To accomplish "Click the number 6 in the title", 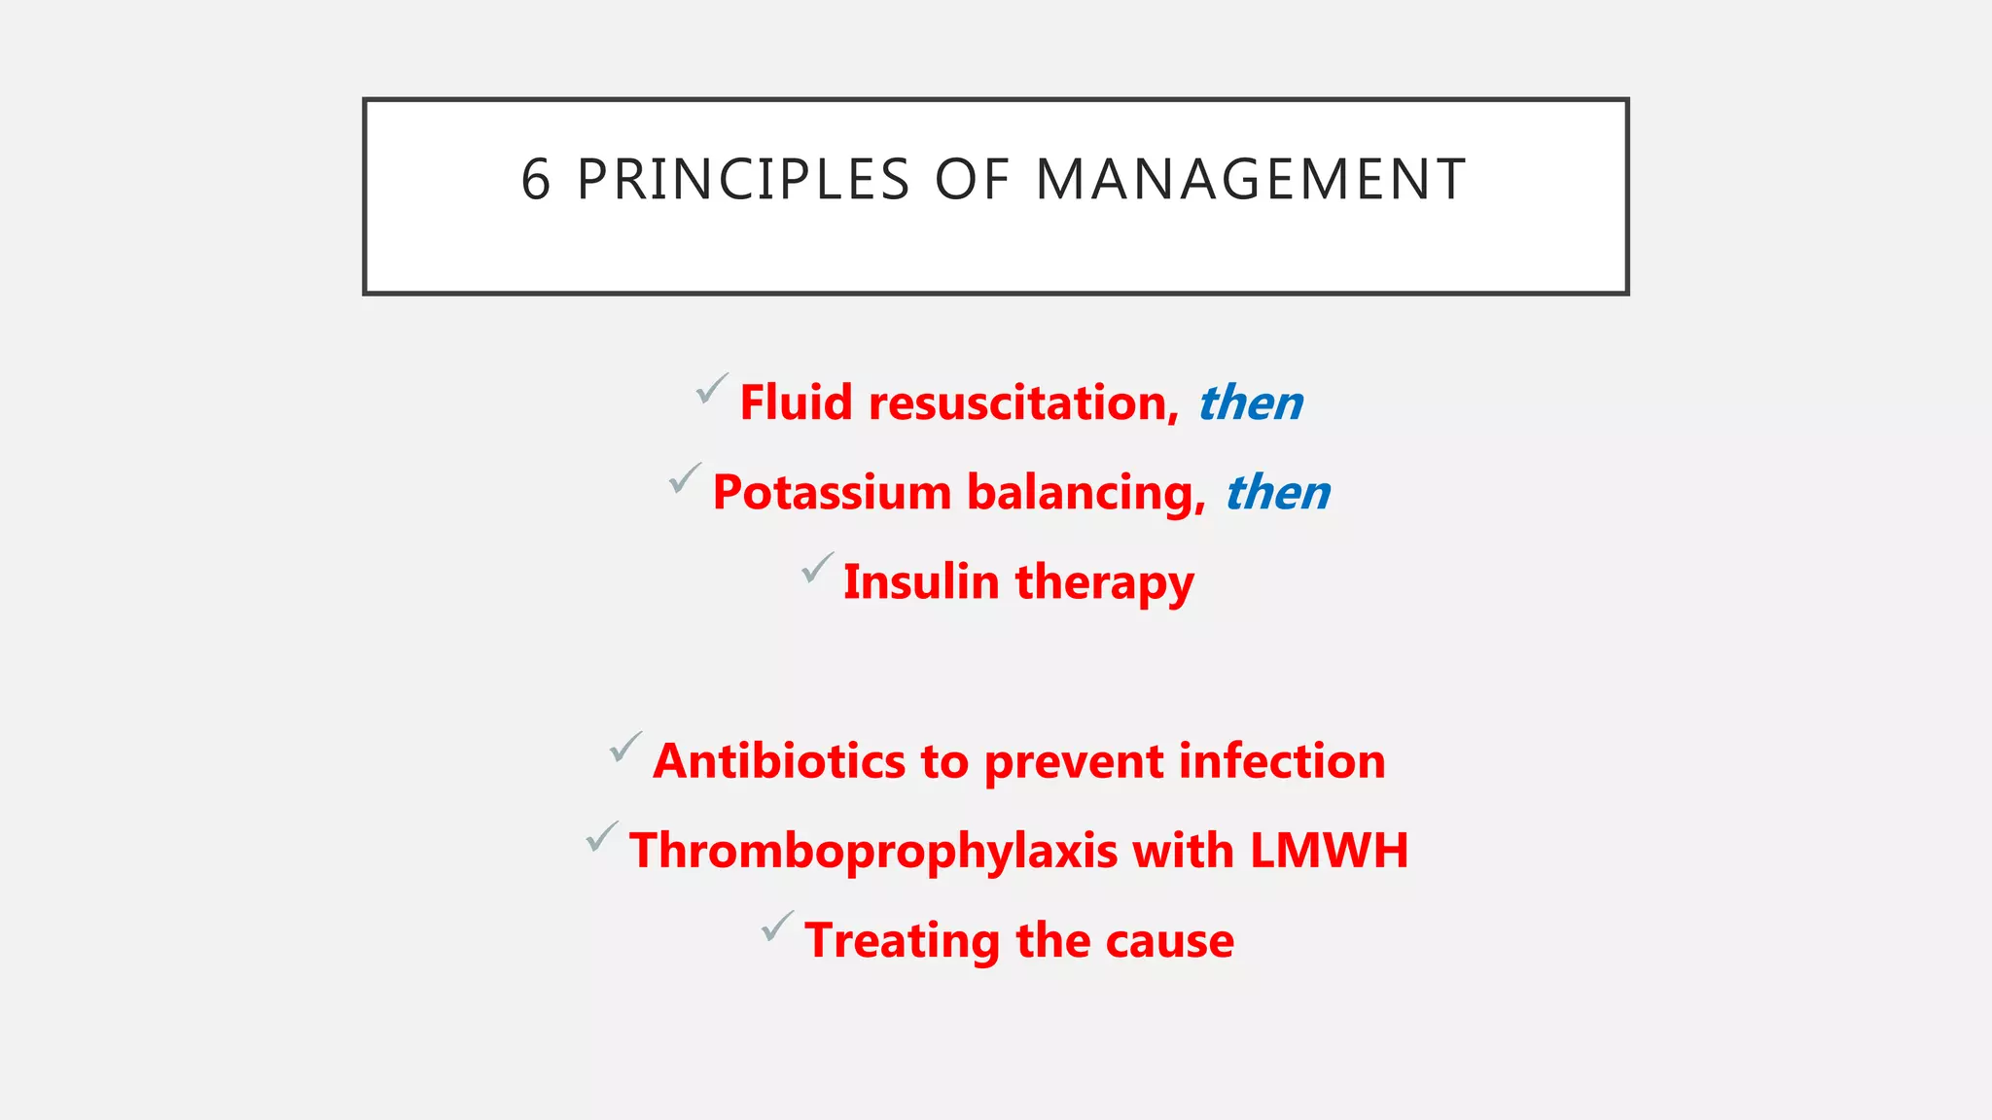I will click(536, 180).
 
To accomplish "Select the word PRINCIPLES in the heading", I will click(743, 180).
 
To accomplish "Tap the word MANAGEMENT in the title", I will click(1251, 180).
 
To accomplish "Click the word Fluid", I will click(796, 402).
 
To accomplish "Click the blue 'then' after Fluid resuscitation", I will click(1251, 402).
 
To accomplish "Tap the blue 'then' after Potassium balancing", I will click(1278, 492).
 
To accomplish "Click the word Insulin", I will click(921, 582).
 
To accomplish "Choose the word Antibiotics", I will click(779, 761).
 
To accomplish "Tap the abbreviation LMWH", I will click(1329, 851).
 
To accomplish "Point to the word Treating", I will click(902, 942).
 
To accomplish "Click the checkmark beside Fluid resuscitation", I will click(711, 389).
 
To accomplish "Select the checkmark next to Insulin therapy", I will click(817, 568).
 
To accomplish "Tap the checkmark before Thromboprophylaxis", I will click(602, 837).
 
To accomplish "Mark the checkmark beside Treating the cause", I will click(777, 927).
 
